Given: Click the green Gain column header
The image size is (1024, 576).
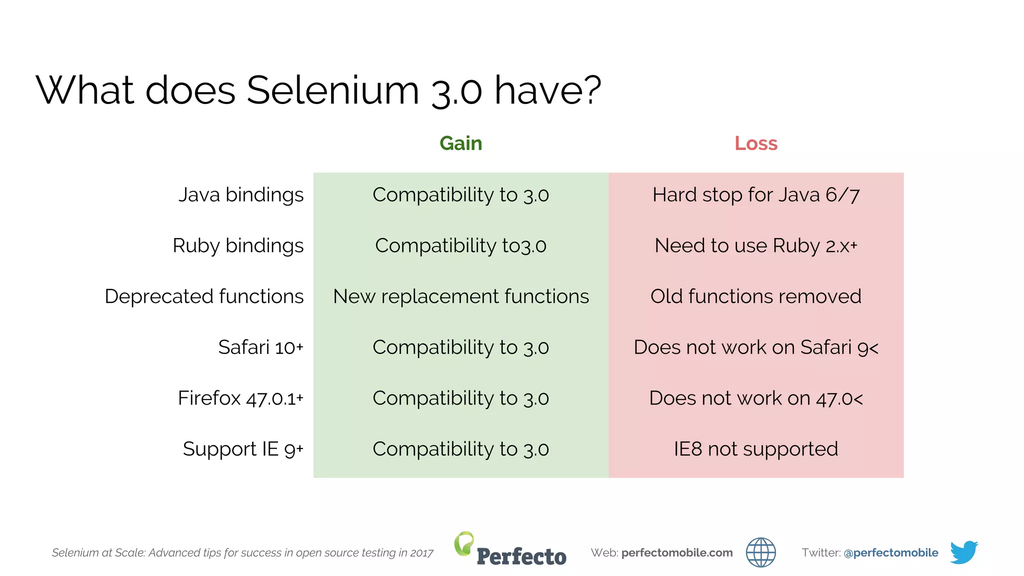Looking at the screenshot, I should [460, 143].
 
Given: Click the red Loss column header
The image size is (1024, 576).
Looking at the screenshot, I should [755, 143].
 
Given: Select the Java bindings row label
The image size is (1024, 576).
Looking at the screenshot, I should [241, 194].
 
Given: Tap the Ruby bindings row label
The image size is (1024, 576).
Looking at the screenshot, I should [238, 245].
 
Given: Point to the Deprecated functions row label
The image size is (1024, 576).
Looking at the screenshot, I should [204, 296].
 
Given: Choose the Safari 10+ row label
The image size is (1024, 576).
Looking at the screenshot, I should [260, 347].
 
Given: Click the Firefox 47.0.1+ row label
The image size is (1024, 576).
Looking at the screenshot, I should [240, 398].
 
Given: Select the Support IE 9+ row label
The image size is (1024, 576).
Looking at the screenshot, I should [243, 449].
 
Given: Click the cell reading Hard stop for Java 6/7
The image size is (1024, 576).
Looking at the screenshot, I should [755, 194].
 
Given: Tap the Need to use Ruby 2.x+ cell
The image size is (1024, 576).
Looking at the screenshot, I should [755, 245].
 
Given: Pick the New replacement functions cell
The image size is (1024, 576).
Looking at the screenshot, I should [460, 296].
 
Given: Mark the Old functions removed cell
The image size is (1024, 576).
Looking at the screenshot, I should [755, 296].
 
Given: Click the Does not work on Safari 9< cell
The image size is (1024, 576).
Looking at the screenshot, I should [755, 347].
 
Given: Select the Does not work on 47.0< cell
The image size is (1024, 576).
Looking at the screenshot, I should [755, 398].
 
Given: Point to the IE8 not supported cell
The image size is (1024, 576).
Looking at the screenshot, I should [755, 449].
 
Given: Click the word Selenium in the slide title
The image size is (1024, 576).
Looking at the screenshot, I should [332, 90].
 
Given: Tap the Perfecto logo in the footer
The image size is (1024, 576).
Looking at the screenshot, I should [510, 550].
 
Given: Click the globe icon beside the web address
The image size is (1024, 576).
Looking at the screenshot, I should [760, 552].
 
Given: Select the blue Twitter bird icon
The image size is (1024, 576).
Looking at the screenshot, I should [963, 552].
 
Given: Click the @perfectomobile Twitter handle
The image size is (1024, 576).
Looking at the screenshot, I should [890, 552].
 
